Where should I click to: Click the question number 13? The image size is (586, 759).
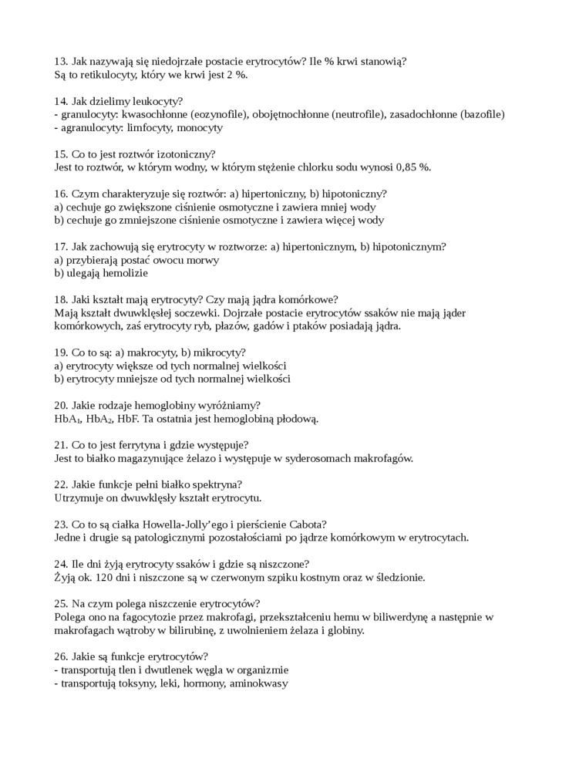[x=62, y=60]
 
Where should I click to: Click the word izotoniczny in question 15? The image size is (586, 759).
[x=186, y=153]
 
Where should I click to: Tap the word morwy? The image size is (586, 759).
[x=204, y=260]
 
